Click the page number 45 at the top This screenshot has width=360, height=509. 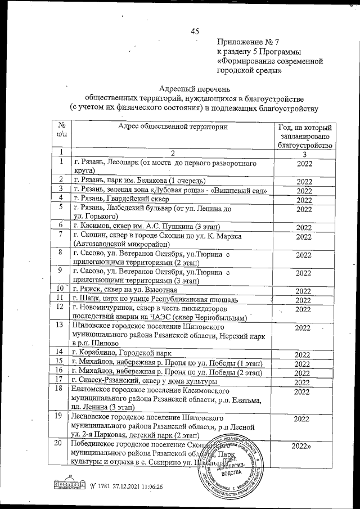(195, 31)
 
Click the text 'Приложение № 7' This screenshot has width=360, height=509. (251, 43)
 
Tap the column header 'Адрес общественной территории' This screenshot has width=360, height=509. (173, 127)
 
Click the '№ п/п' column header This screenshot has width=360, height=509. (62, 131)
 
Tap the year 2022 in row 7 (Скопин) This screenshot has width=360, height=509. (304, 237)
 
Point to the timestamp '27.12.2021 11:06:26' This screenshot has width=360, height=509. (131, 487)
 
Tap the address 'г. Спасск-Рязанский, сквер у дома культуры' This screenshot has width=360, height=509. (143, 382)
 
